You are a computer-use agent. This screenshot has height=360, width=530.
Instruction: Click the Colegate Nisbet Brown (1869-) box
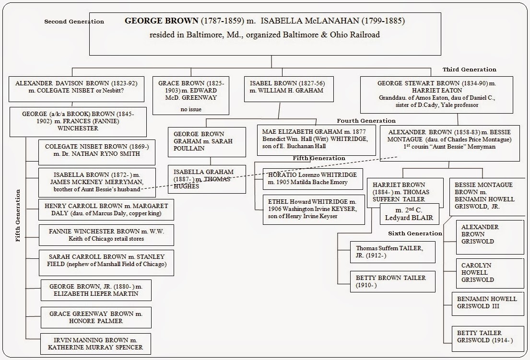(x=97, y=152)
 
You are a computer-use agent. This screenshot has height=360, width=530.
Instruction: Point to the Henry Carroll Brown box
(x=106, y=209)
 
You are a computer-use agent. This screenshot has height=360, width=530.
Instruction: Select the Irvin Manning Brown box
(x=95, y=344)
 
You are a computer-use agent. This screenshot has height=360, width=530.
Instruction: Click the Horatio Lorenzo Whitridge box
(x=312, y=179)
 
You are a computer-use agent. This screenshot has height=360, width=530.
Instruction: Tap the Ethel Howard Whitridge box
(x=314, y=209)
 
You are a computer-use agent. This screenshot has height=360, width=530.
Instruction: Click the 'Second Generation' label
(x=74, y=22)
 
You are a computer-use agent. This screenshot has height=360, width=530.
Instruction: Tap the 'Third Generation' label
(x=469, y=70)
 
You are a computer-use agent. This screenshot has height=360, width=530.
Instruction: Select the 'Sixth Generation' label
(x=415, y=233)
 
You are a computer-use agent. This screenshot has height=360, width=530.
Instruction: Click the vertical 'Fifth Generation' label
(x=19, y=215)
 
